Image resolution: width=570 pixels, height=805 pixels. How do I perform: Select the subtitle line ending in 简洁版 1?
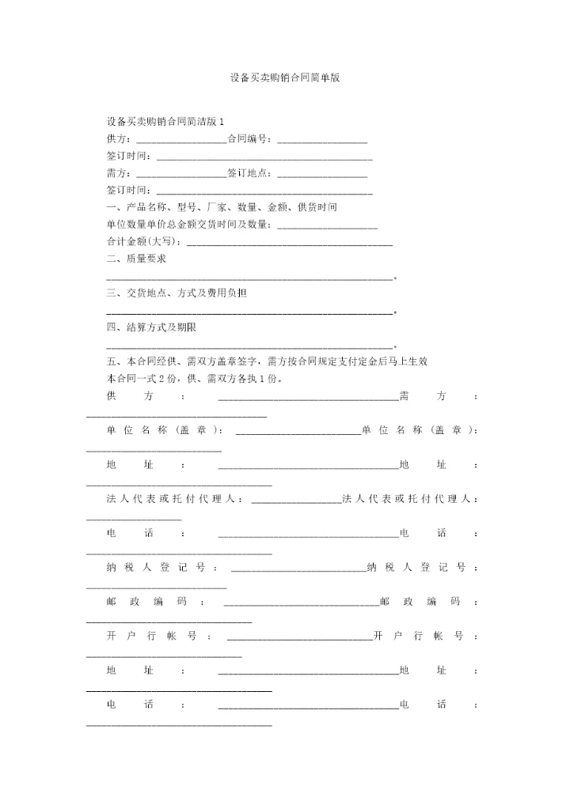click(165, 122)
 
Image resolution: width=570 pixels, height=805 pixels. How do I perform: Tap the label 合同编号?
click(250, 139)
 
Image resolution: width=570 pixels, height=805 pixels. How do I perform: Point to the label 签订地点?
click(250, 173)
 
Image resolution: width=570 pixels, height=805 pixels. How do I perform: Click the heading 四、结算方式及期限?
click(151, 327)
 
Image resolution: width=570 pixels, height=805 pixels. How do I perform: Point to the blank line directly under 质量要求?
click(249, 278)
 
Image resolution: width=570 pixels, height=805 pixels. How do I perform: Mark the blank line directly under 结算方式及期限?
click(249, 346)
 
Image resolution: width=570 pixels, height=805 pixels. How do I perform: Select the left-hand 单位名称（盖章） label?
click(164, 430)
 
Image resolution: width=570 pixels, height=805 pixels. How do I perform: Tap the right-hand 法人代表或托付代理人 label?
click(409, 499)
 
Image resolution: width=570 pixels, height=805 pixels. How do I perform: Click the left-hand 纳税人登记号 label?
click(158, 567)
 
